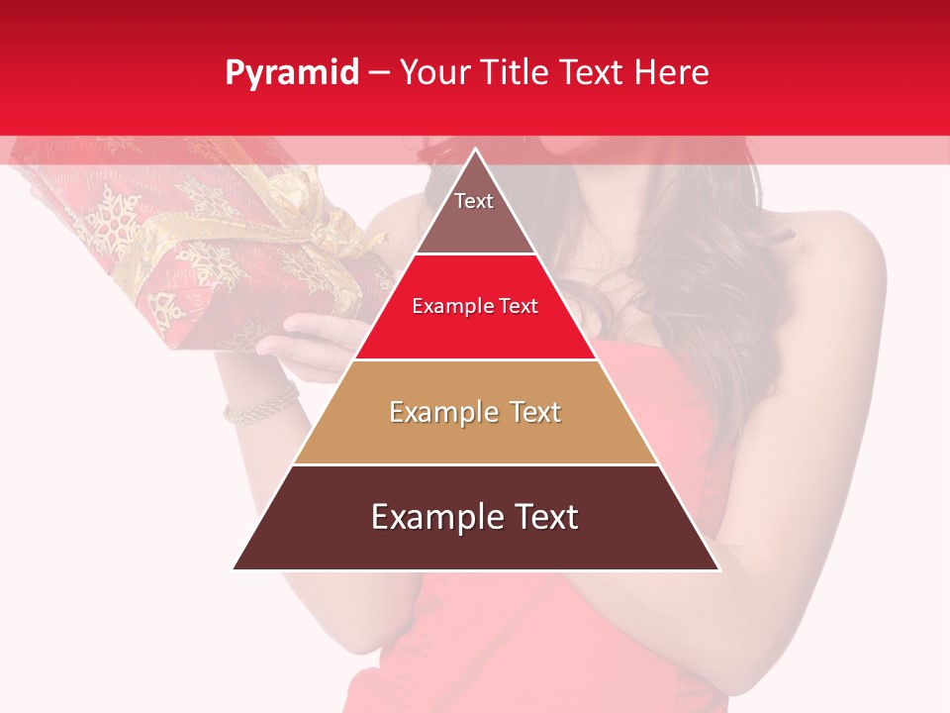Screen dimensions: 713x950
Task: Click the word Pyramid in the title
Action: pos(292,73)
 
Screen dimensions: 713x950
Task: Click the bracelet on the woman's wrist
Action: pos(259,404)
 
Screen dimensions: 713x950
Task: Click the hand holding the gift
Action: pos(307,342)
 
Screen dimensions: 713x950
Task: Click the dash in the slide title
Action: pos(379,73)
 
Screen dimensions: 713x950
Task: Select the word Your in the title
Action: pos(431,72)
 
